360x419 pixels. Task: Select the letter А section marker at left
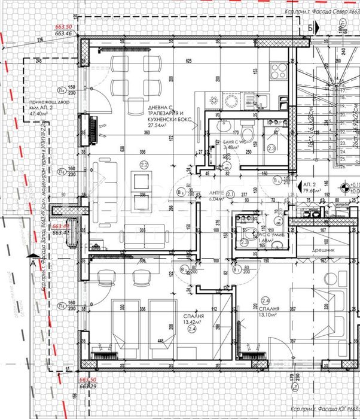(x=32, y=262)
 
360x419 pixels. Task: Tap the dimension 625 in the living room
(x=188, y=61)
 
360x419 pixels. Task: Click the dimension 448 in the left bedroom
(x=160, y=343)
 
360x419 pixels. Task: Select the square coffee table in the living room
(x=143, y=181)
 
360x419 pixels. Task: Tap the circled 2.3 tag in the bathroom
(x=270, y=148)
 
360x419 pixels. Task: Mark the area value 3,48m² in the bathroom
(x=230, y=147)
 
